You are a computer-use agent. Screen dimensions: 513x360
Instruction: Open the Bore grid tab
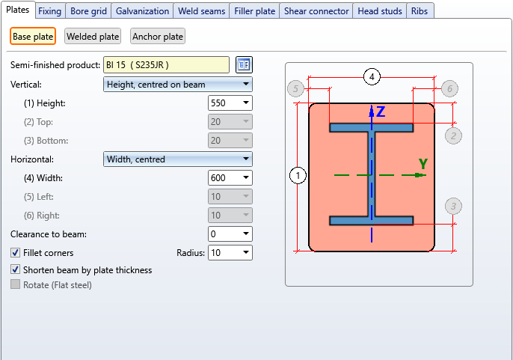pos(88,11)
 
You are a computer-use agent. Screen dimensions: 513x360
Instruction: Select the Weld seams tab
pos(202,11)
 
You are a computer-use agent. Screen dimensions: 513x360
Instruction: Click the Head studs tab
pos(380,11)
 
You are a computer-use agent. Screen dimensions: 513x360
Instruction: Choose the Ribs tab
pos(420,11)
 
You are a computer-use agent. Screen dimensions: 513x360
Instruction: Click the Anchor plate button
pos(158,37)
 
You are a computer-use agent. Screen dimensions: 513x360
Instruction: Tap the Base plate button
pos(33,37)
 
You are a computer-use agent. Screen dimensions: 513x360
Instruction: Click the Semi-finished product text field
pos(167,65)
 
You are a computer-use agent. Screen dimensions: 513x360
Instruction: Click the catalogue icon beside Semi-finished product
pos(244,64)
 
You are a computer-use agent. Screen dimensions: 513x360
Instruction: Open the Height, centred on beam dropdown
pos(178,85)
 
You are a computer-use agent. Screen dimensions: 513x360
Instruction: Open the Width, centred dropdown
pos(178,159)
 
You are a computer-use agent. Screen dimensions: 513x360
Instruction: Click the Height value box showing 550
pos(230,103)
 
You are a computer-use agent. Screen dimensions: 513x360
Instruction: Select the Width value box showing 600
pos(230,178)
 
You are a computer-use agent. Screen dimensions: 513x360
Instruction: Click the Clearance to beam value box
pos(230,234)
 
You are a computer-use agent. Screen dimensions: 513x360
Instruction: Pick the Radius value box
pos(230,252)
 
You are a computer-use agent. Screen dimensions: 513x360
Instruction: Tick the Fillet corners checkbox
pos(15,252)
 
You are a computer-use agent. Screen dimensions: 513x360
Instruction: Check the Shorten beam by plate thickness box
pos(15,269)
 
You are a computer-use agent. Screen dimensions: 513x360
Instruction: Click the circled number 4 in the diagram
pos(372,77)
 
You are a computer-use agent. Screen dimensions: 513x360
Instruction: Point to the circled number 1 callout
pos(298,176)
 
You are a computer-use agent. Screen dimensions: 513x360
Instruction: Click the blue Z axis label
pos(381,112)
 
